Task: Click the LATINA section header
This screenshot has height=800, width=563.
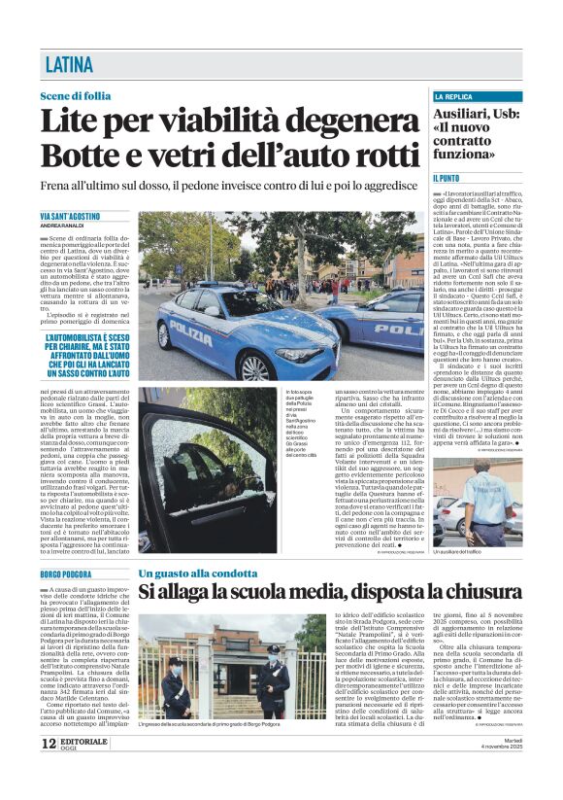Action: tap(69, 65)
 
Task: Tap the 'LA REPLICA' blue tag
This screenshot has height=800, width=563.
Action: tap(453, 97)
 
